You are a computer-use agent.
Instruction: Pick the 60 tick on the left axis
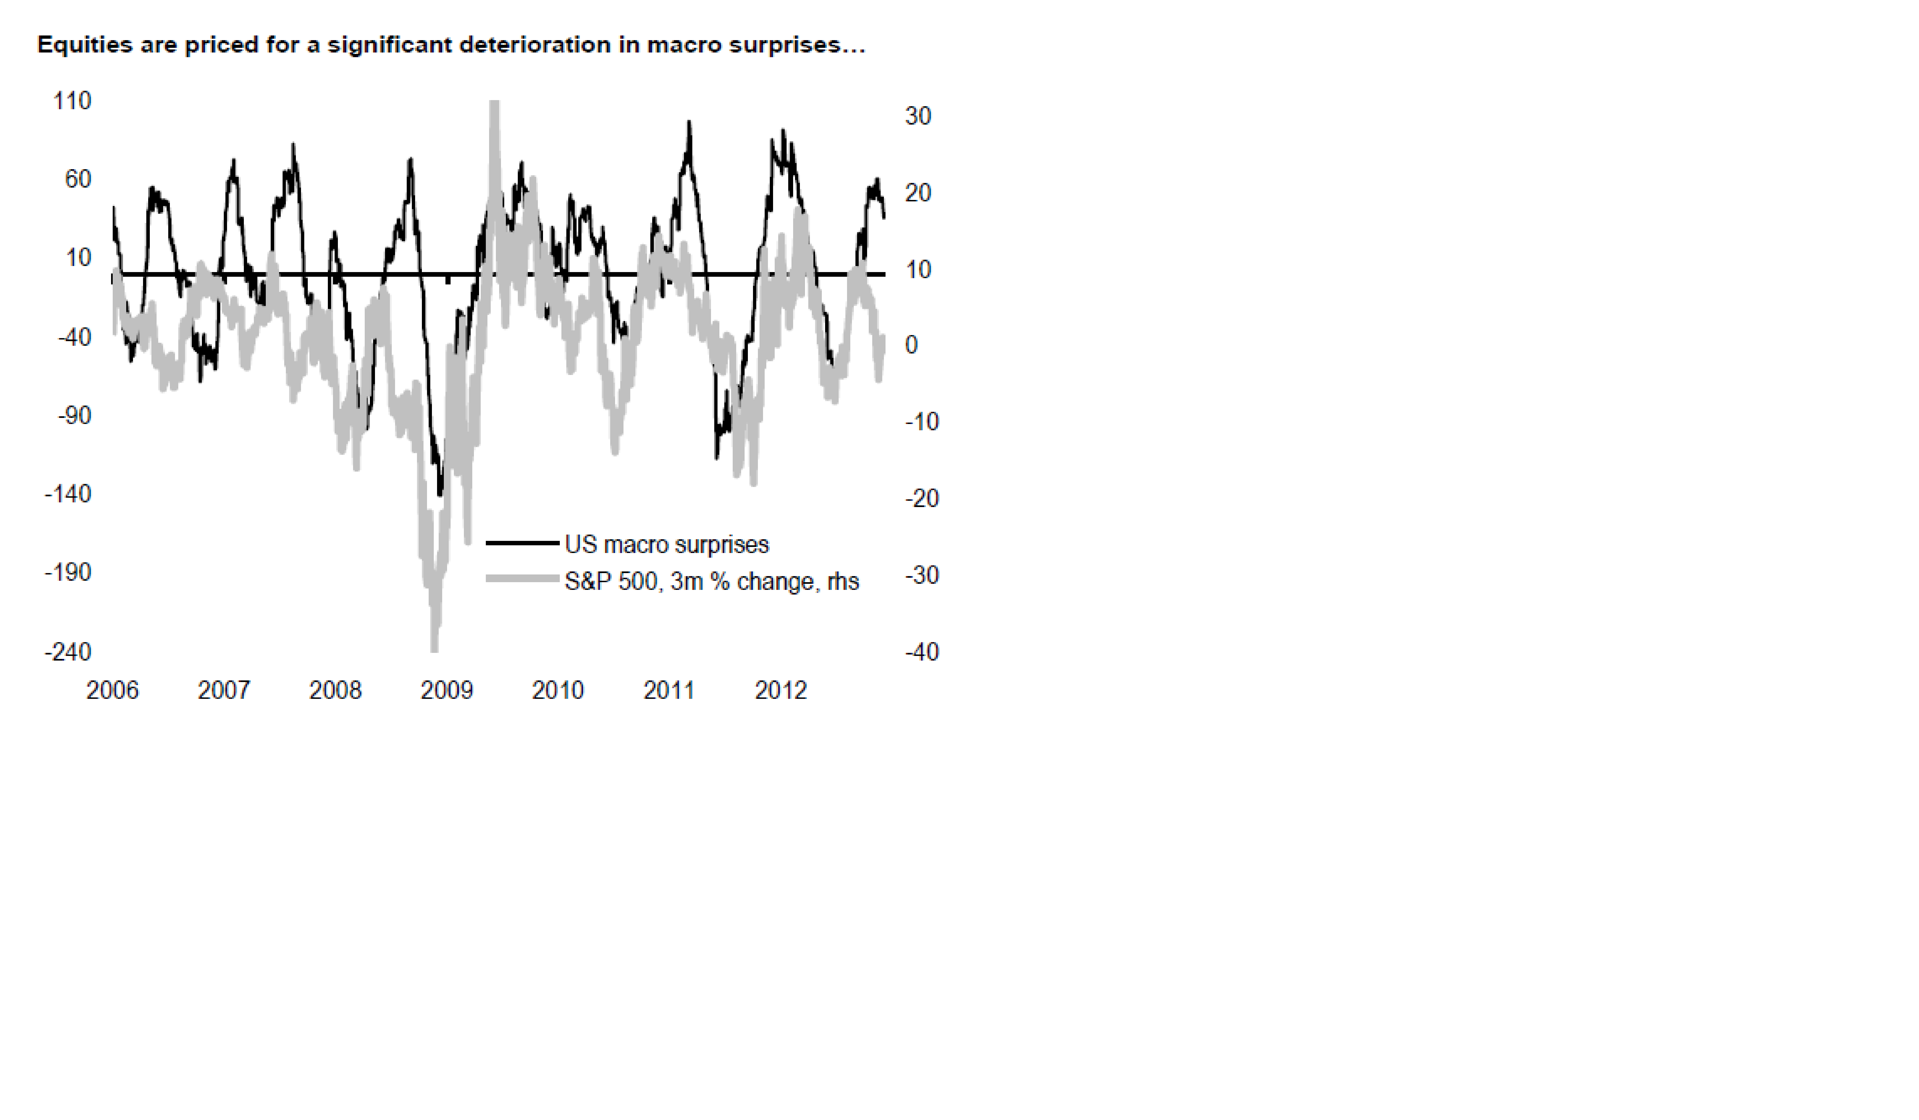coord(78,180)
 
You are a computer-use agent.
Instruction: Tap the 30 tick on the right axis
coord(918,116)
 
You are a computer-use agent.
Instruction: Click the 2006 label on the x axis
coord(113,691)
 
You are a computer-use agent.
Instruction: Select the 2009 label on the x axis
coord(447,691)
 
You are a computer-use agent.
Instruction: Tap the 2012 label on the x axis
coord(781,691)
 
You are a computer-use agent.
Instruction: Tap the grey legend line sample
coord(522,579)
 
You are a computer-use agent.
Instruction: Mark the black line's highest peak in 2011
coord(689,123)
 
